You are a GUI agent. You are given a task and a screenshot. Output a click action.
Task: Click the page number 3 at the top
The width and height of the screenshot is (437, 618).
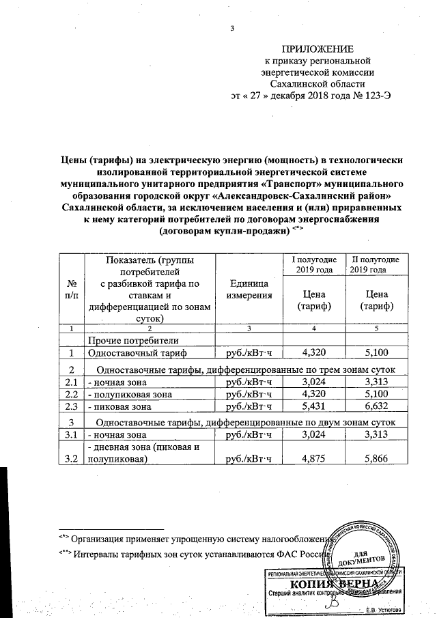point(232,27)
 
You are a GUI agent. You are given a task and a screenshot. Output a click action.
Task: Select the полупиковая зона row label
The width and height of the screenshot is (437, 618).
point(128,394)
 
